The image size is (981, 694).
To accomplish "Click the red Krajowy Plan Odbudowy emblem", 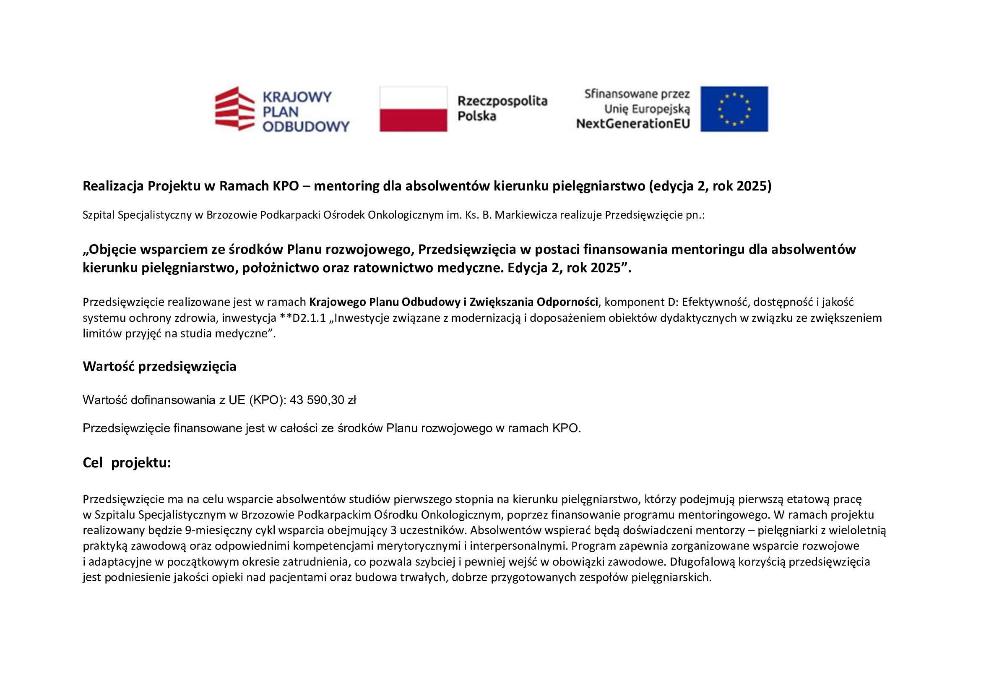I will coord(234,109).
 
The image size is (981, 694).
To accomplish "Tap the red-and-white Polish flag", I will coord(413,109).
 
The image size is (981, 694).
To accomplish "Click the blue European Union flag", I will coord(734,109).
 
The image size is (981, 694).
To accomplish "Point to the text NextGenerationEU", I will coord(633,124).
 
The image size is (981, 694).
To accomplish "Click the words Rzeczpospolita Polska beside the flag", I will coord(502,108).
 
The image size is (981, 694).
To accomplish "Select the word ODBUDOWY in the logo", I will coord(306,126).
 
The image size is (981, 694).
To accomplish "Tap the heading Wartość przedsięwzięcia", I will coord(159,366).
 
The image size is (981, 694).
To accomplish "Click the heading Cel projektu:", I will coord(127,463).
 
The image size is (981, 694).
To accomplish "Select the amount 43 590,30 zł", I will coord(323,400).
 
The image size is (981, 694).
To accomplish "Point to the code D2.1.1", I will coord(309,318).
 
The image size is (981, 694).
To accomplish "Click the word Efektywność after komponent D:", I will coord(715,302).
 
